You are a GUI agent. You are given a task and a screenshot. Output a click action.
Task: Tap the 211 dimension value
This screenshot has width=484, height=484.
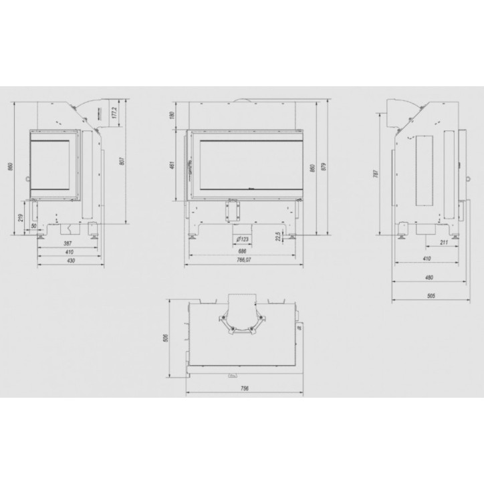[444, 241]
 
